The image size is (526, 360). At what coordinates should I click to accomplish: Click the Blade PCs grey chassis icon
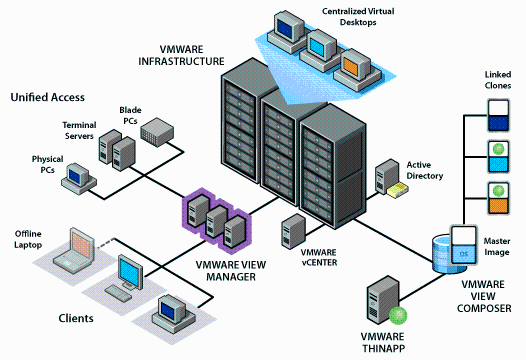(x=157, y=132)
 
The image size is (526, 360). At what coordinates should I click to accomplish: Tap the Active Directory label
(x=425, y=170)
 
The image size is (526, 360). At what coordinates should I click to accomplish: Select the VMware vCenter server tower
(x=293, y=232)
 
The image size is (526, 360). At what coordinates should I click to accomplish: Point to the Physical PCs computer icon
(x=79, y=179)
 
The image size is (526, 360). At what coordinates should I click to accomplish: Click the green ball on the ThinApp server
(x=398, y=315)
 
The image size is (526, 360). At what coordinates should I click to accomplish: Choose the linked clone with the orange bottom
(x=498, y=198)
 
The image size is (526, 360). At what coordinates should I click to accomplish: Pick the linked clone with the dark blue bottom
(x=498, y=115)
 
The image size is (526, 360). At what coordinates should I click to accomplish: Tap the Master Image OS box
(x=463, y=246)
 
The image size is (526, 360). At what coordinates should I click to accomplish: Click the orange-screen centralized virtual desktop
(x=357, y=70)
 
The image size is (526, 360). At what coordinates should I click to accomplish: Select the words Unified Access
(x=48, y=97)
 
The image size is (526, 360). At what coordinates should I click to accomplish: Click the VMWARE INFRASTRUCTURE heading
(x=181, y=55)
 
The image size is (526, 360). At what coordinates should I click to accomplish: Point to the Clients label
(x=76, y=318)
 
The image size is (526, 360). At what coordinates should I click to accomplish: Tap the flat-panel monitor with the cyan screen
(x=130, y=272)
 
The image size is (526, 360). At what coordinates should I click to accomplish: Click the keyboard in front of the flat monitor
(x=118, y=293)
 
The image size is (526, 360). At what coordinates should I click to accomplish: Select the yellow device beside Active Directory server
(x=398, y=190)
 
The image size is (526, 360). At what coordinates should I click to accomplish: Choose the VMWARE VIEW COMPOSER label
(x=484, y=296)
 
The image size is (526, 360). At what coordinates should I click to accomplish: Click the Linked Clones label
(x=498, y=80)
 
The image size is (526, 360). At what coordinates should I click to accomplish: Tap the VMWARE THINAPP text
(x=383, y=343)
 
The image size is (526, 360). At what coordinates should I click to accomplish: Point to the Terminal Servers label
(x=79, y=131)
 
